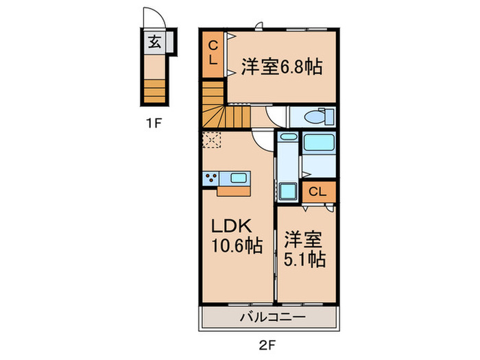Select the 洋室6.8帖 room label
(281, 68)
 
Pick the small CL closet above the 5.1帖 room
(317, 192)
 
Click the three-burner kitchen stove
(210, 179)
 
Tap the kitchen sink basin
(238, 178)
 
